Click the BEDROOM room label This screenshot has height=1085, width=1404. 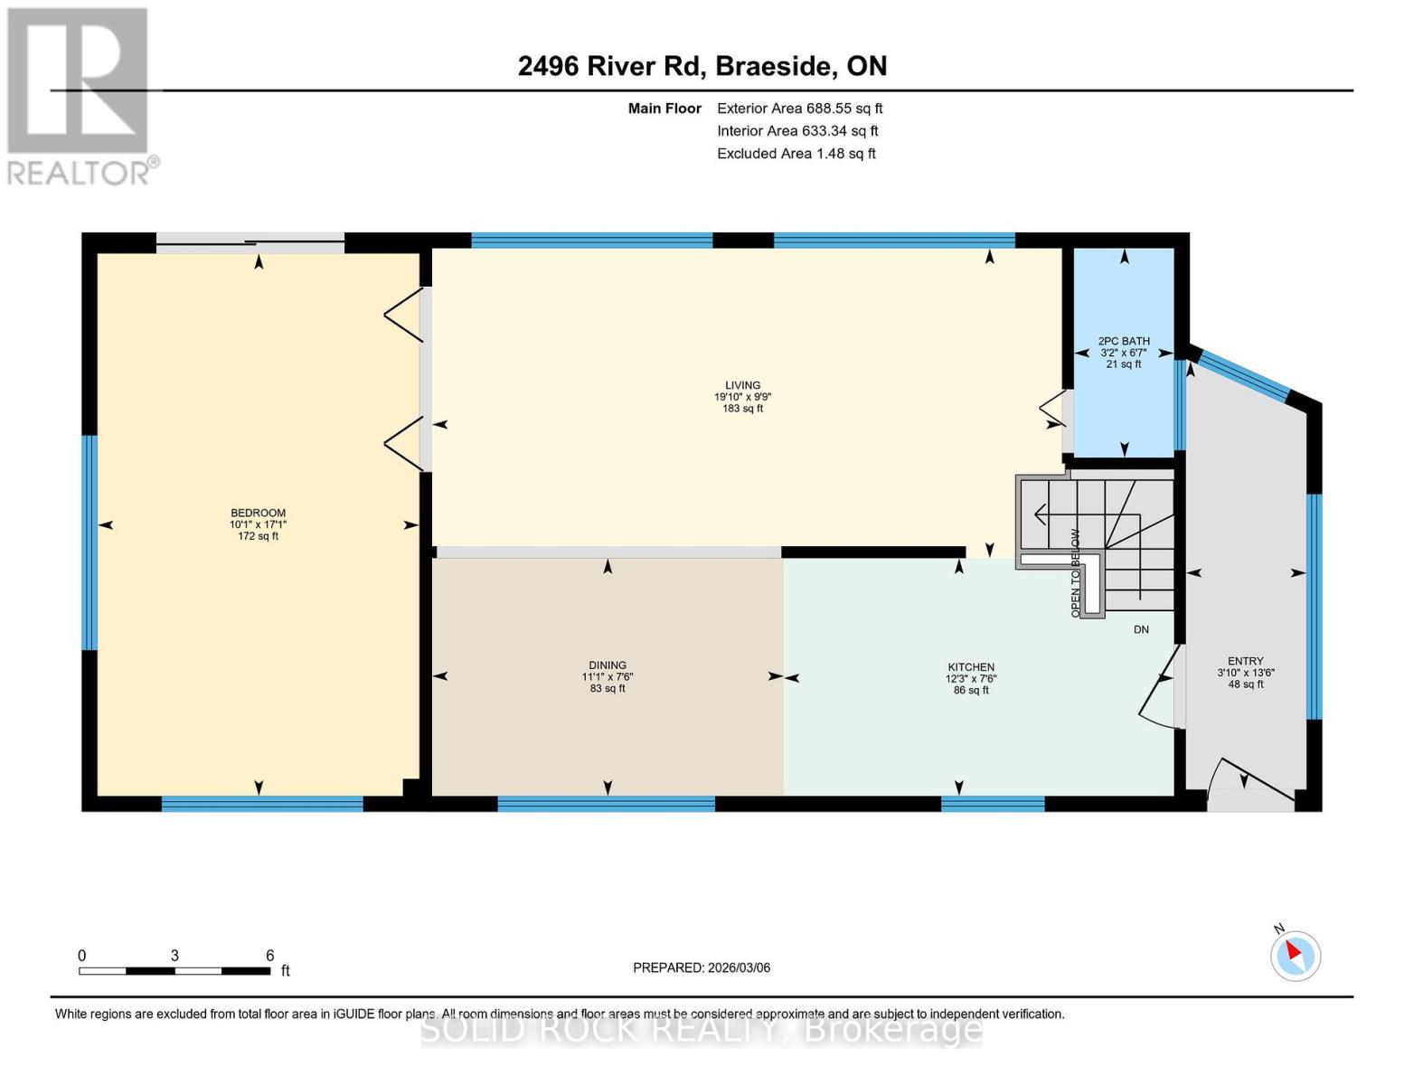pyautogui.click(x=258, y=514)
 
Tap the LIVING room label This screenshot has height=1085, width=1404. pyautogui.click(x=742, y=385)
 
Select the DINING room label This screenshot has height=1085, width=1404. pyautogui.click(x=608, y=665)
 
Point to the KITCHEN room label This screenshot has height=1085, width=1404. pyautogui.click(x=971, y=667)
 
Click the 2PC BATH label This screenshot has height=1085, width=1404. pyautogui.click(x=1124, y=342)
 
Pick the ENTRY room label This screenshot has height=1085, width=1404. pyautogui.click(x=1245, y=661)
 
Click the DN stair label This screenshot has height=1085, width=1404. pyautogui.click(x=1141, y=629)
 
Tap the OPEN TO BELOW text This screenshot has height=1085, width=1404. pyautogui.click(x=1076, y=573)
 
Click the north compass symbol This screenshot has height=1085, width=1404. pyautogui.click(x=1296, y=955)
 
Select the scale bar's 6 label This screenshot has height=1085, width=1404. pyautogui.click(x=269, y=956)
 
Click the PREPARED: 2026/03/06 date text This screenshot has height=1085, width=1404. pyautogui.click(x=702, y=967)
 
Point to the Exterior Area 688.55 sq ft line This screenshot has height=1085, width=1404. pyautogui.click(x=799, y=108)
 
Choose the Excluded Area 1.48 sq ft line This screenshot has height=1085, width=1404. pyautogui.click(x=796, y=154)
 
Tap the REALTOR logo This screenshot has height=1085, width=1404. pyautogui.click(x=80, y=95)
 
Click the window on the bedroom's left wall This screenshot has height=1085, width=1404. pyautogui.click(x=90, y=542)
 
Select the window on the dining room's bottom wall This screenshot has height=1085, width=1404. pyautogui.click(x=606, y=803)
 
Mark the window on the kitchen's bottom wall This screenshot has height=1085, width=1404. pyautogui.click(x=993, y=803)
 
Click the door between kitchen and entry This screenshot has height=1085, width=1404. pyautogui.click(x=1160, y=687)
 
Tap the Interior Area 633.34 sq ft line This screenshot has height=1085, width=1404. pyautogui.click(x=797, y=131)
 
